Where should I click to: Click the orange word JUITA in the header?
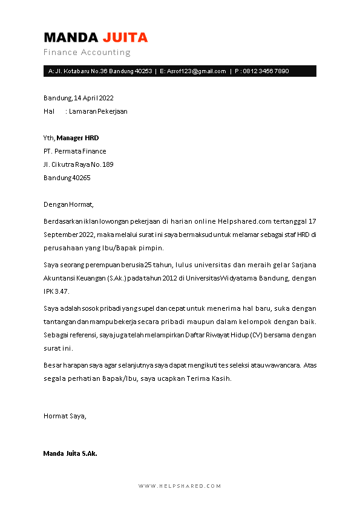pyautogui.click(x=125, y=37)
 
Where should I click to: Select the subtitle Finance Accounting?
pyautogui.click(x=87, y=53)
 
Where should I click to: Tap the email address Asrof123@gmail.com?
pyautogui.click(x=197, y=71)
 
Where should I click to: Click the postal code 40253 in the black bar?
pyautogui.click(x=143, y=71)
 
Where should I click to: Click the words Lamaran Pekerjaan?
pyautogui.click(x=98, y=111)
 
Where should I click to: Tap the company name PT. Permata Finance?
pyautogui.click(x=74, y=151)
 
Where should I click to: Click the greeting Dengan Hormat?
pyautogui.click(x=69, y=204)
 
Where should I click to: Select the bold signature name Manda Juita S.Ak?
pyautogui.click(x=70, y=453)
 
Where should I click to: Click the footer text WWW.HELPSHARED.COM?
pyautogui.click(x=180, y=486)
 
